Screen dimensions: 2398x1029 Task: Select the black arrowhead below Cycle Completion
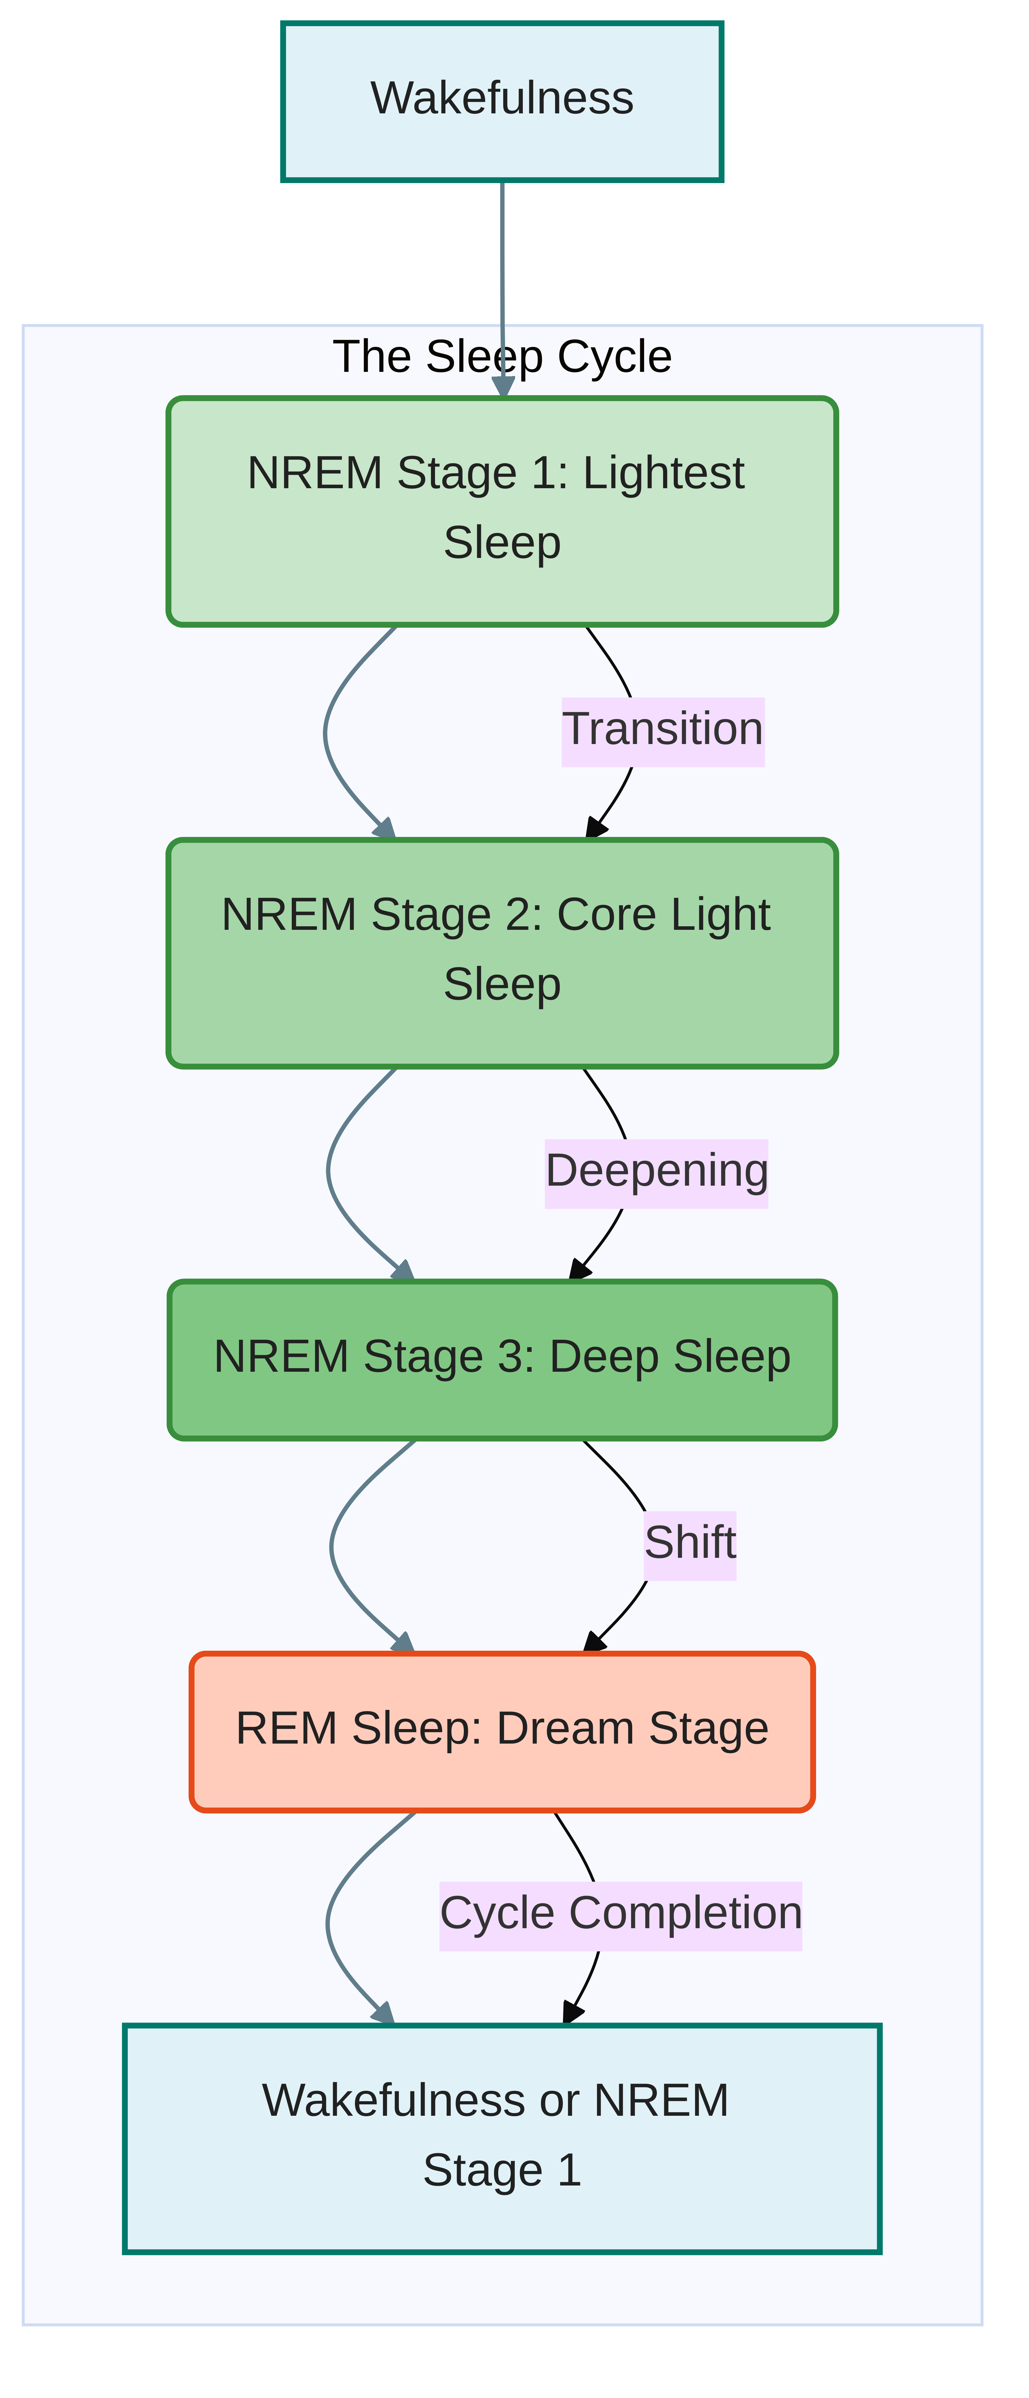coord(572,2012)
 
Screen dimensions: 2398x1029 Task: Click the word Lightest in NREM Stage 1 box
coord(663,474)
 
